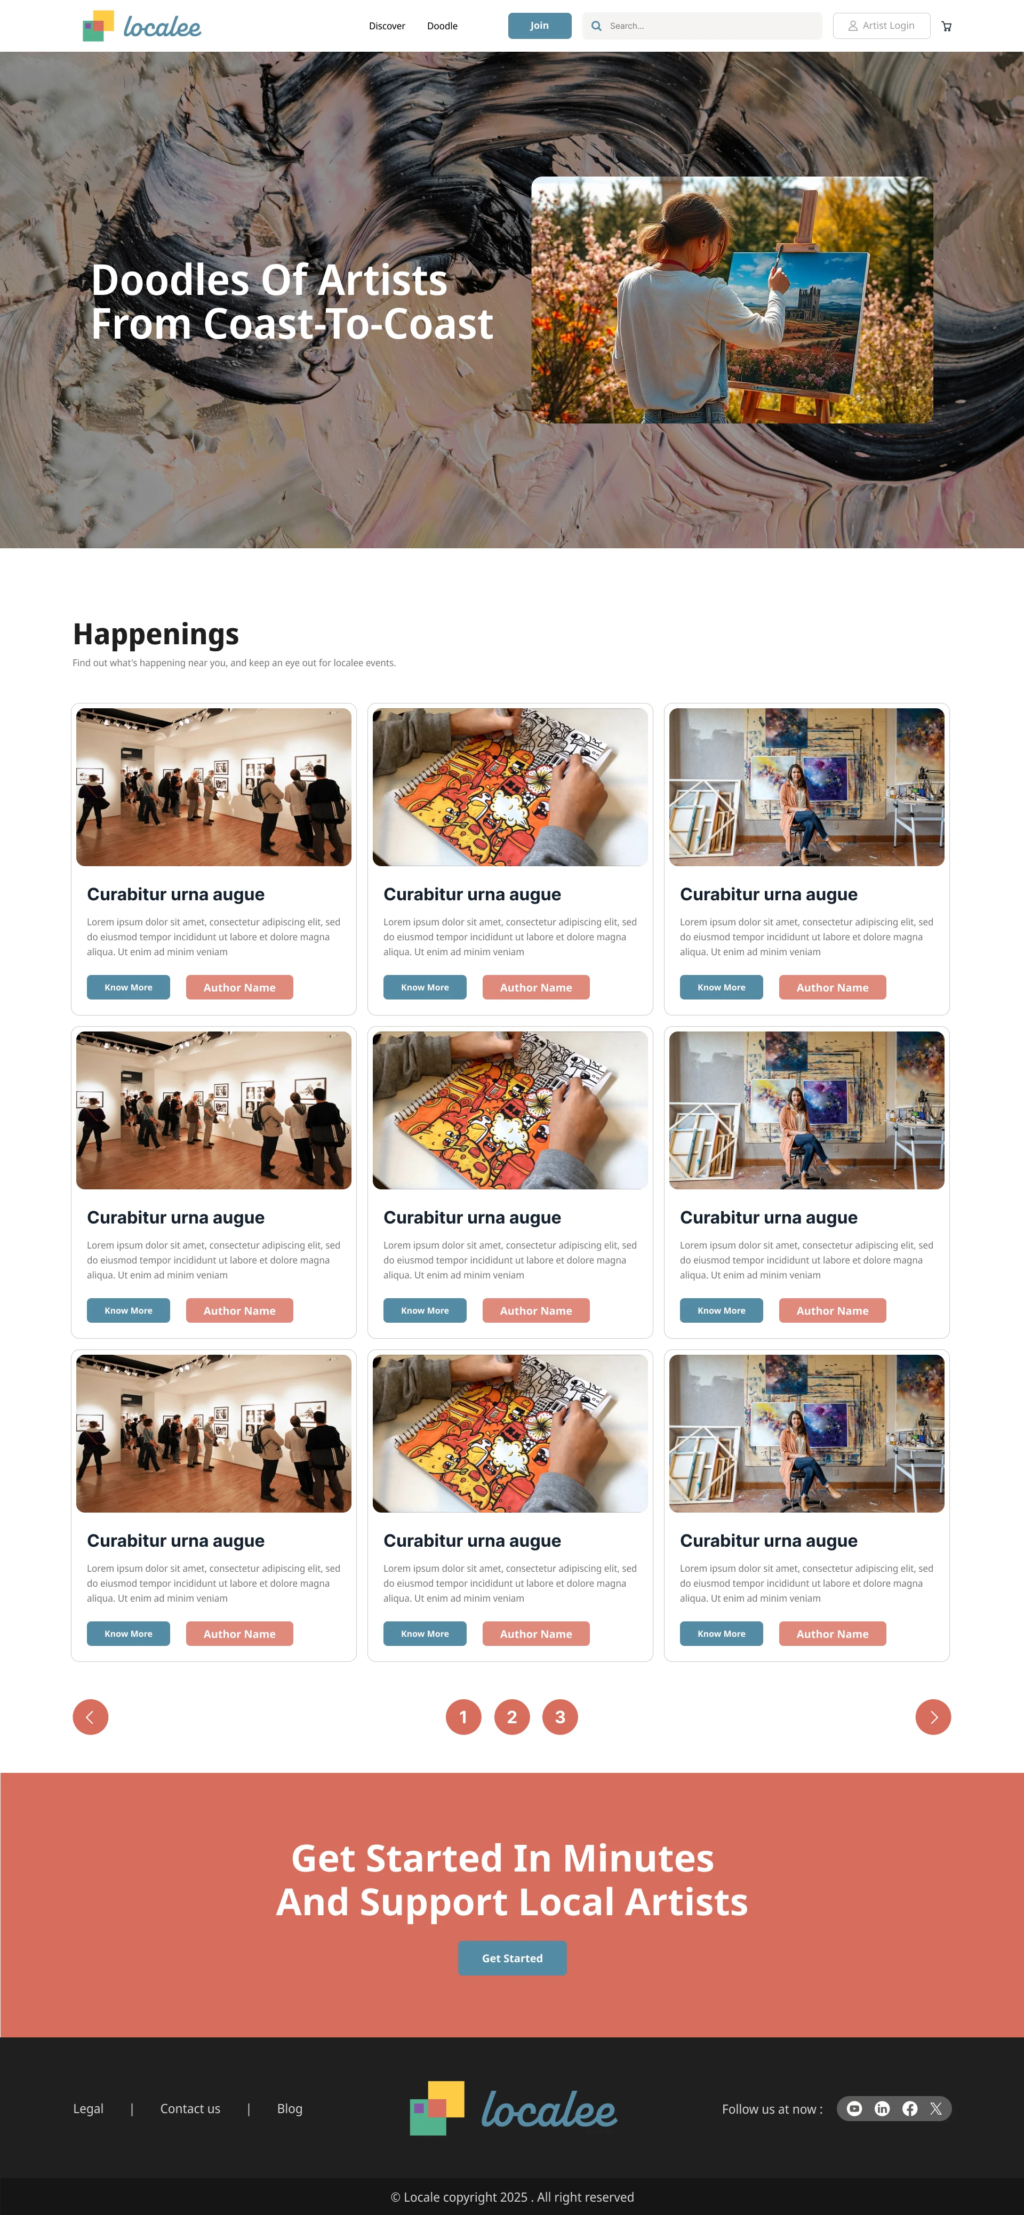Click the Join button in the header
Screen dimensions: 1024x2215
tap(539, 26)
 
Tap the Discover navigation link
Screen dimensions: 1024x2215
tap(387, 26)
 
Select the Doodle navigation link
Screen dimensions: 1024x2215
tap(442, 26)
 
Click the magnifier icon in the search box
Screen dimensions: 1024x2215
tap(596, 26)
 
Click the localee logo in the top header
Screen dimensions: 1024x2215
tap(142, 26)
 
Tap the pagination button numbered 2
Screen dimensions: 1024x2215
tap(511, 1717)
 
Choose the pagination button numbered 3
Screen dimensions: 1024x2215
tap(559, 1717)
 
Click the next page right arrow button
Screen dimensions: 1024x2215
tap(933, 1717)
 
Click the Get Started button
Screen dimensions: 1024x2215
tap(513, 1958)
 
